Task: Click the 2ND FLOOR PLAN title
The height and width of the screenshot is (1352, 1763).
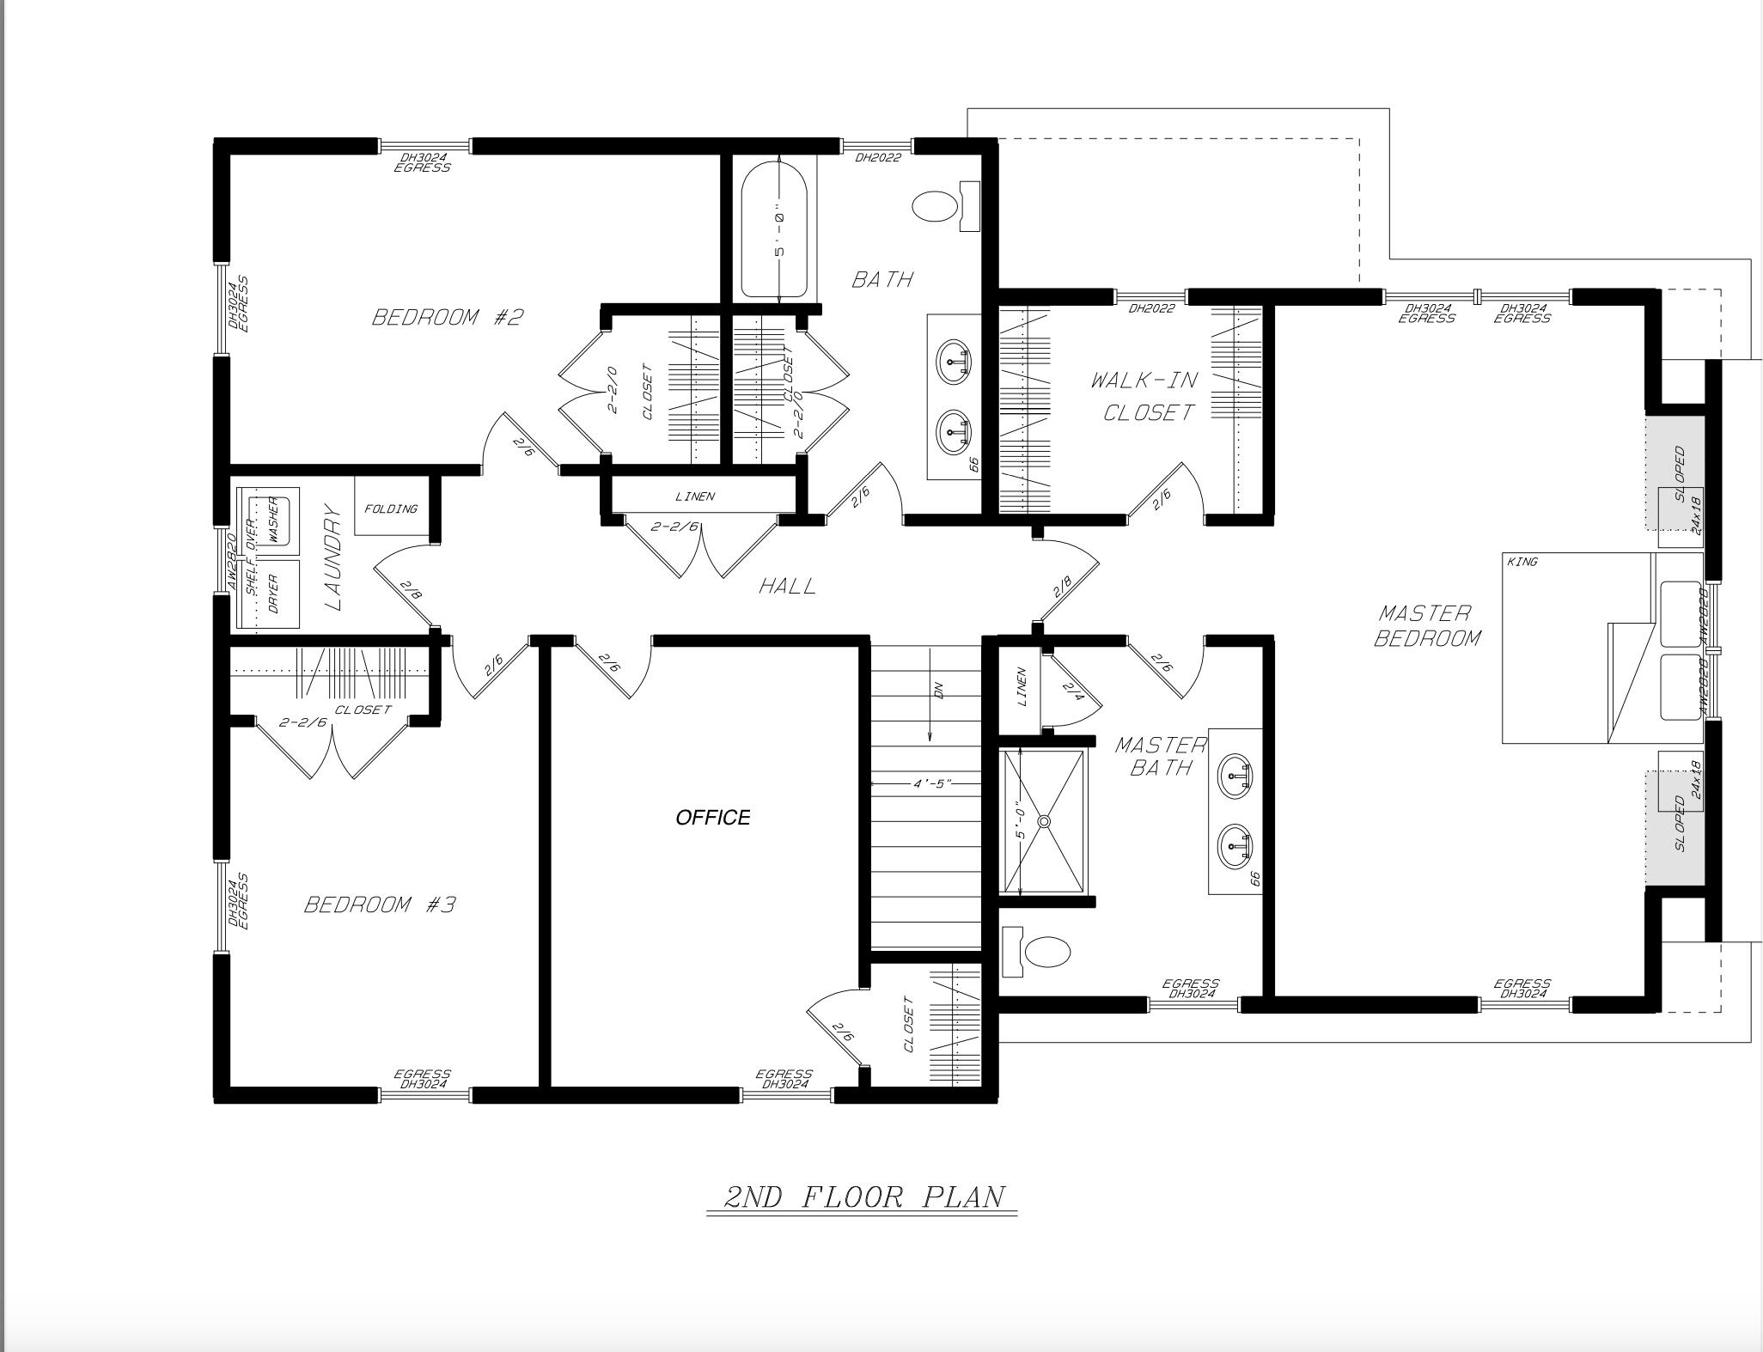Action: pyautogui.click(x=863, y=1197)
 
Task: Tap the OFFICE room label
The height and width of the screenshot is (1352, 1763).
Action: pyautogui.click(x=712, y=818)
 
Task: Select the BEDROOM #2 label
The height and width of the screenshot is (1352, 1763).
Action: pyautogui.click(x=447, y=318)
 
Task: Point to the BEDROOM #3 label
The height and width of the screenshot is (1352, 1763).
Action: pyautogui.click(x=380, y=904)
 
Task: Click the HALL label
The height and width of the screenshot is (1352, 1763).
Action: pyautogui.click(x=787, y=587)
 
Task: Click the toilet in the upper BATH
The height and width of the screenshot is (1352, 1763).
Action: pyautogui.click(x=935, y=207)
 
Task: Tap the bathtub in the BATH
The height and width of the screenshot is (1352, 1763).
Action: pyautogui.click(x=774, y=228)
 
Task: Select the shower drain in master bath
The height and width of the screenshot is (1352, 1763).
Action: pyautogui.click(x=1044, y=822)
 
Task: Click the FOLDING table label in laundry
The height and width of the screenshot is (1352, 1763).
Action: pyautogui.click(x=391, y=509)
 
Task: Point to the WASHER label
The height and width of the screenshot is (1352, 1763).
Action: pyautogui.click(x=273, y=519)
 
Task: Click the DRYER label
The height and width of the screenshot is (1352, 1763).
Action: pyautogui.click(x=273, y=593)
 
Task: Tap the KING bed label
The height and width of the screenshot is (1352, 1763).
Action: pyautogui.click(x=1522, y=562)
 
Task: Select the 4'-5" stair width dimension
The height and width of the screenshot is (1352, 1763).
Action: pyautogui.click(x=931, y=783)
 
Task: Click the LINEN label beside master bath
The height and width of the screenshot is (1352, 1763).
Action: pyautogui.click(x=1022, y=687)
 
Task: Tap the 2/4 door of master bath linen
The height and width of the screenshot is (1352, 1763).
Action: pyautogui.click(x=1073, y=690)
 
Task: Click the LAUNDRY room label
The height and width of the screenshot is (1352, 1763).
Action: pyautogui.click(x=333, y=557)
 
